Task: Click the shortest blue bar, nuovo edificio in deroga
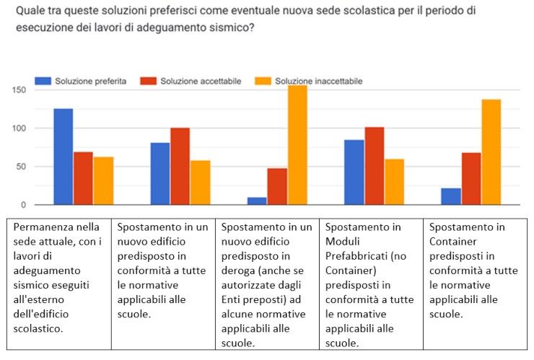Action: click(257, 201)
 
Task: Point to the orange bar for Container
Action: click(491, 152)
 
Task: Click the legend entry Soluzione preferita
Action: click(90, 81)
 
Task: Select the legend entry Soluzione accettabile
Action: click(200, 81)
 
